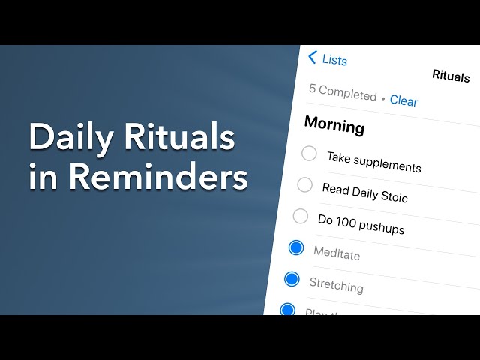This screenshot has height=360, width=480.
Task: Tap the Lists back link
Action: click(334, 59)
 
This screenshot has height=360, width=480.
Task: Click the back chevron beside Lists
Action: click(313, 56)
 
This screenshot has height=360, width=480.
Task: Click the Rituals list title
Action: click(451, 76)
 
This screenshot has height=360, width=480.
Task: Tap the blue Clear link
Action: click(403, 100)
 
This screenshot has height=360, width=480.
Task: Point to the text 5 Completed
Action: click(343, 93)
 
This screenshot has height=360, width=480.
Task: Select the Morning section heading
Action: click(334, 124)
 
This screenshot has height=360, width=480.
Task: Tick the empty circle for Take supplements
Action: click(309, 154)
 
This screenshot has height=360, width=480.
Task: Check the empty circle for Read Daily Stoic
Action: click(304, 184)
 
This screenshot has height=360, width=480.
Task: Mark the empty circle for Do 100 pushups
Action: click(300, 217)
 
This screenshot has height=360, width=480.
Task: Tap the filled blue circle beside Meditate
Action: click(296, 247)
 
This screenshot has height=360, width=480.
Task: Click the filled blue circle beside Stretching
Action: click(292, 279)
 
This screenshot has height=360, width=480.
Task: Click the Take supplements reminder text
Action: click(373, 161)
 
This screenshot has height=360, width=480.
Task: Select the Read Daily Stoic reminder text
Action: click(364, 193)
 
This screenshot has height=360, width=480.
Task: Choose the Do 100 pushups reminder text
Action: click(361, 224)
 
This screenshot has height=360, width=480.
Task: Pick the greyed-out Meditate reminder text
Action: click(337, 254)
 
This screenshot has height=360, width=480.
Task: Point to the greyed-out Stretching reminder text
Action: click(336, 285)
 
